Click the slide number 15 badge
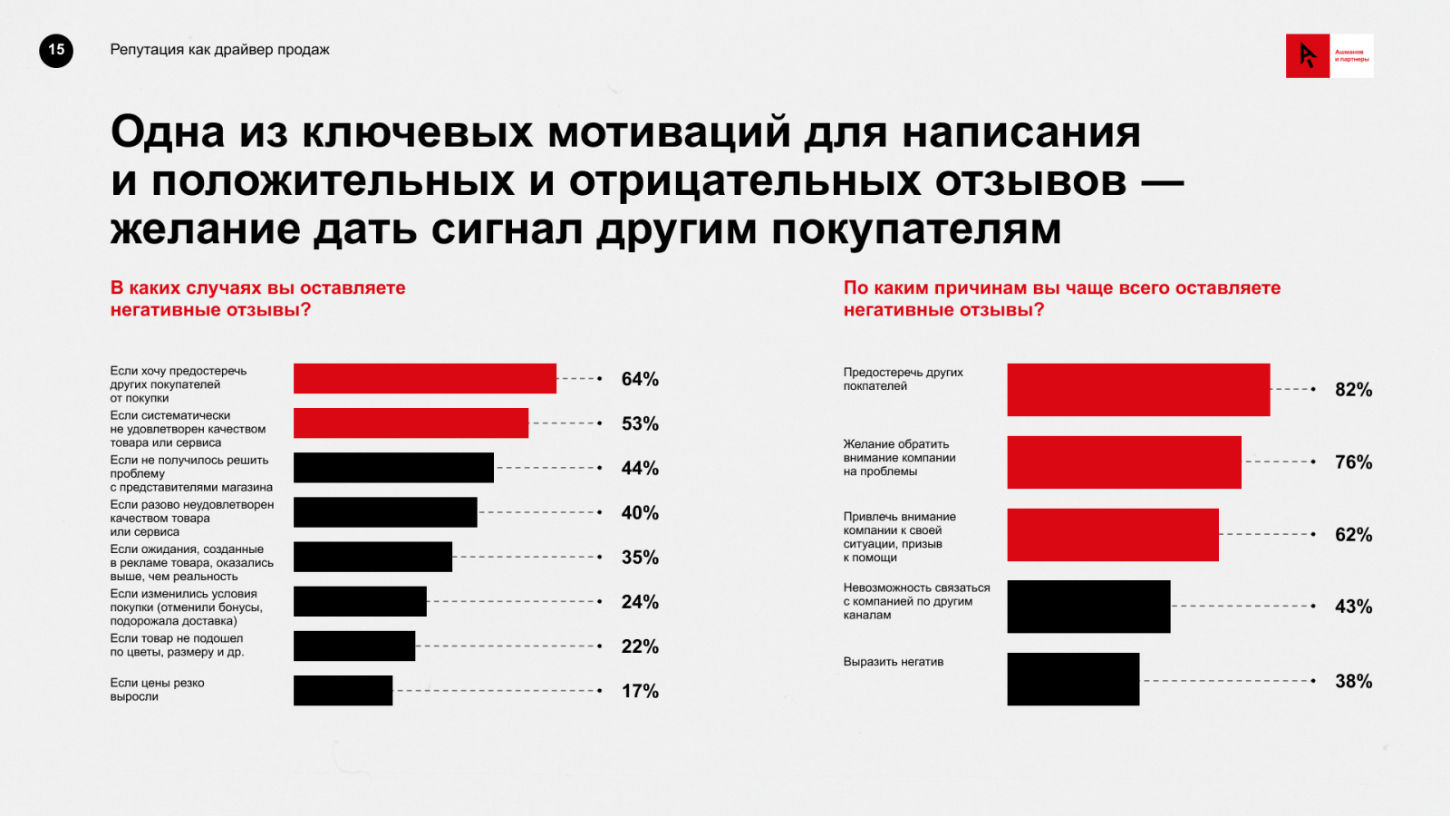coord(56,51)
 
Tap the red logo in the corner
coord(1308,56)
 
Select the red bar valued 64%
coord(424,379)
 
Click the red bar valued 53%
coord(411,423)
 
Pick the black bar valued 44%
coord(393,468)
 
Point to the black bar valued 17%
coord(343,691)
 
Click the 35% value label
coord(640,558)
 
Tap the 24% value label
coord(640,602)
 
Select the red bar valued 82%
coord(1138,390)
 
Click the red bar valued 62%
coord(1113,535)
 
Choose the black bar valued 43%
coord(1088,607)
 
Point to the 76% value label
coord(1353,462)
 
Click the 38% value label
coord(1353,682)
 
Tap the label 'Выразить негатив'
coord(894,662)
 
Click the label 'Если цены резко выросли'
coord(157,690)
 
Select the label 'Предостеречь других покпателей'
coord(903,379)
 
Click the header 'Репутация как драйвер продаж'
coord(219,50)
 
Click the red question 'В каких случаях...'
coord(257,298)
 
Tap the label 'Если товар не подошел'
coord(177,645)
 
